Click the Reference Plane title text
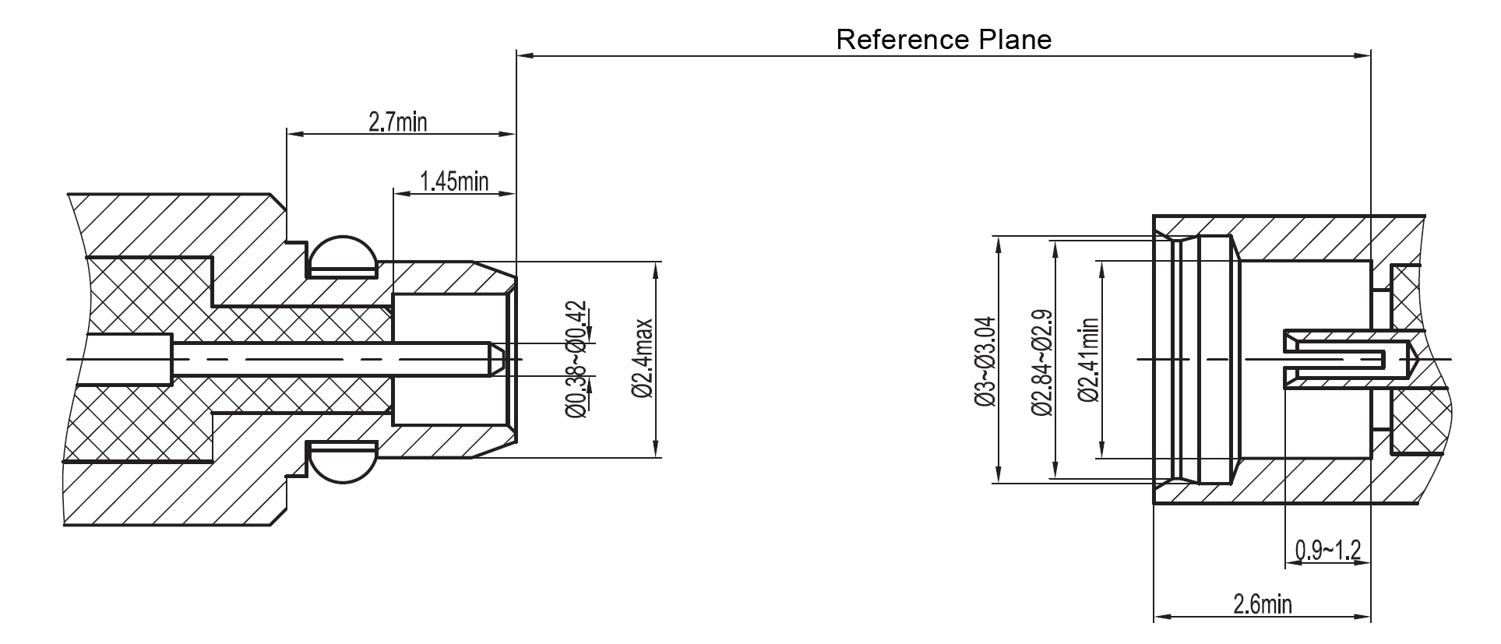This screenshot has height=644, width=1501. click(943, 39)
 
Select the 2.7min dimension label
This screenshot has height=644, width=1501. click(397, 121)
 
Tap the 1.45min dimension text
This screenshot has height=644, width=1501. click(453, 181)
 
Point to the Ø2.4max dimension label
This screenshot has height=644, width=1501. click(643, 358)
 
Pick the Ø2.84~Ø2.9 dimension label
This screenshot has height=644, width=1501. click(1041, 363)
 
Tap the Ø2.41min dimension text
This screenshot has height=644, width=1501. click(1088, 360)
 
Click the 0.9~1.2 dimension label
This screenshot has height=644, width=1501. click(1327, 551)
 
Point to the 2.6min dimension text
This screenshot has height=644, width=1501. click(1262, 604)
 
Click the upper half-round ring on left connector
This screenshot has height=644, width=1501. click(344, 254)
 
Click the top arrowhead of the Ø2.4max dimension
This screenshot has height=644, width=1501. click(657, 268)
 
